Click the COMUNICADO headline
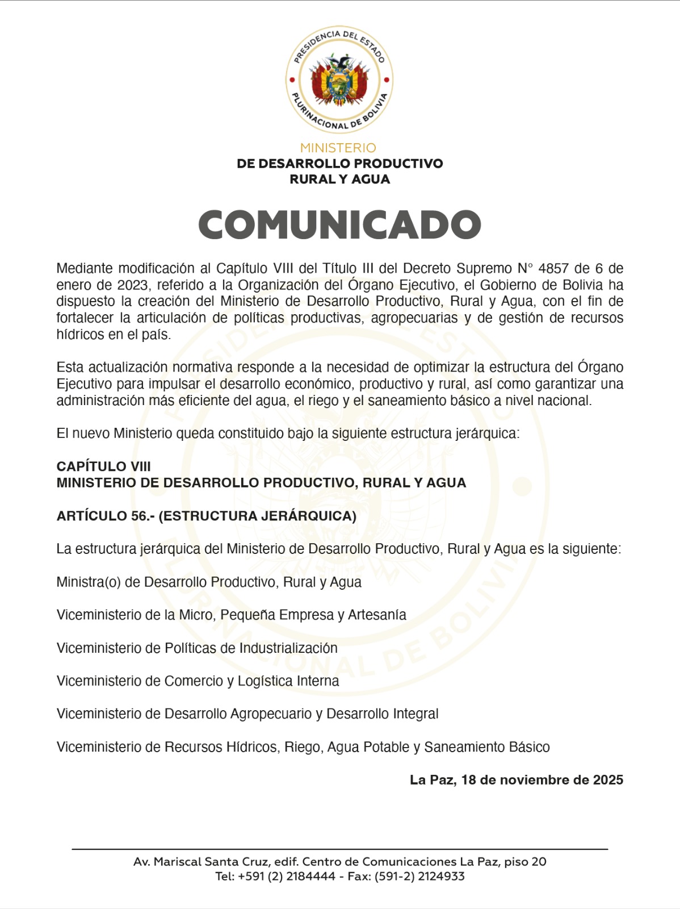pyautogui.click(x=339, y=225)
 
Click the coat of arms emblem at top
pyautogui.click(x=339, y=80)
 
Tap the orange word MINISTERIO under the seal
pyautogui.click(x=338, y=148)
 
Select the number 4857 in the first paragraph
pyautogui.click(x=553, y=268)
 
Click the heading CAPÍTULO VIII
pyautogui.click(x=103, y=466)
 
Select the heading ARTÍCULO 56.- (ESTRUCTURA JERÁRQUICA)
pyautogui.click(x=206, y=516)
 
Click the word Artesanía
pyautogui.click(x=377, y=615)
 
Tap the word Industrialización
pyautogui.click(x=288, y=648)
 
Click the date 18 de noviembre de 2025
pyautogui.click(x=542, y=779)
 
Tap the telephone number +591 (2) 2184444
pyautogui.click(x=287, y=876)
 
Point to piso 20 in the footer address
pyautogui.click(x=525, y=861)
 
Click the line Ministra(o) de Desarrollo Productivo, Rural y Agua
pyautogui.click(x=209, y=582)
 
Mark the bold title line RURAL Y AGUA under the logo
pyautogui.click(x=339, y=179)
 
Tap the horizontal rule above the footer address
pyautogui.click(x=339, y=849)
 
